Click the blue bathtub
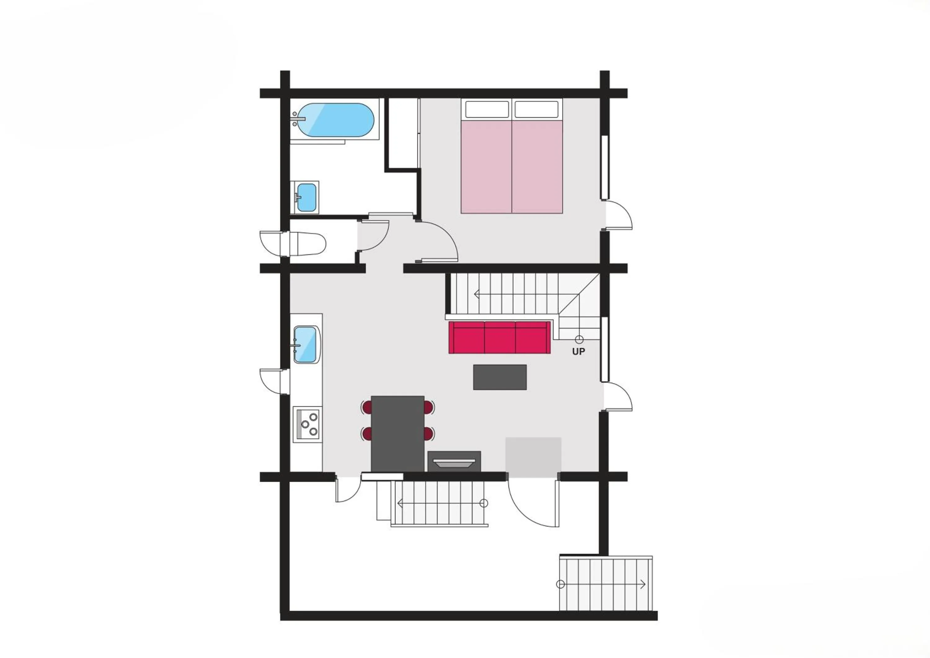(334, 120)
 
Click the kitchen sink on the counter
(305, 345)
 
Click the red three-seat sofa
(499, 337)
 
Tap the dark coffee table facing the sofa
(500, 377)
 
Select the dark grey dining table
(397, 433)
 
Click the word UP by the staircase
(578, 352)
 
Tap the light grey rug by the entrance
(533, 457)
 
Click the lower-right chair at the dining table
(429, 433)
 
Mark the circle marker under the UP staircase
(579, 340)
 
